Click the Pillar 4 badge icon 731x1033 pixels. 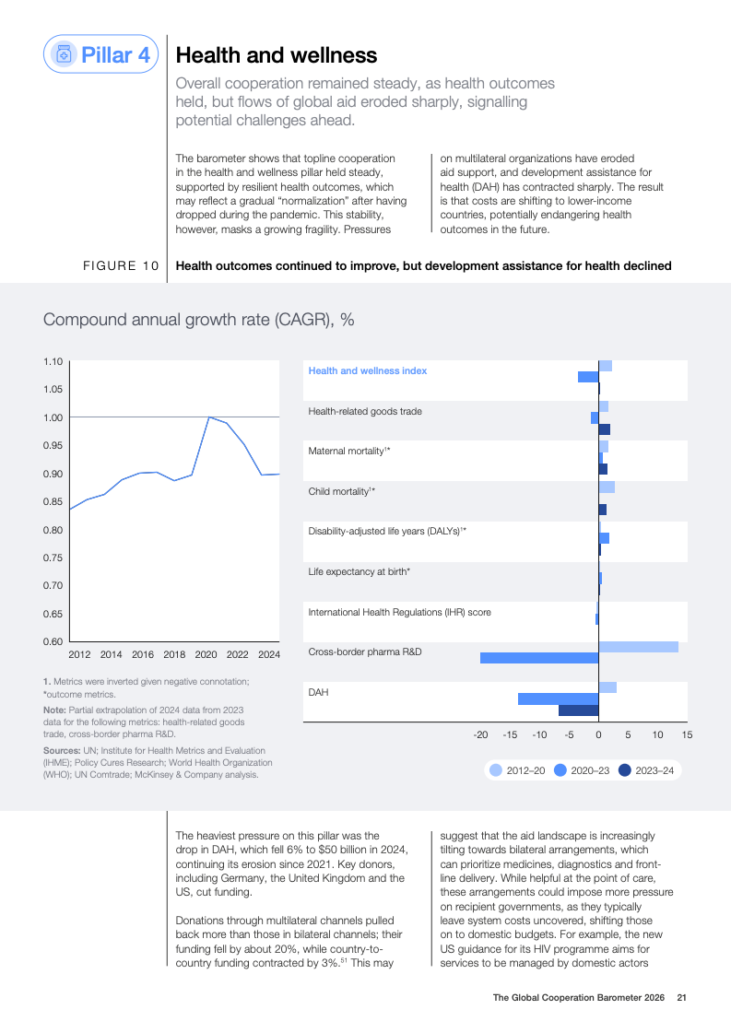(x=64, y=54)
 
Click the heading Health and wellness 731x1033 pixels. (x=276, y=55)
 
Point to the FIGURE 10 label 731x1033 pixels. (x=122, y=266)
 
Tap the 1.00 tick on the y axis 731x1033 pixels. (x=53, y=417)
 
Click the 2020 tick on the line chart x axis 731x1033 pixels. (x=206, y=654)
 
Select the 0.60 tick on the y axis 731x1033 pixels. (x=53, y=641)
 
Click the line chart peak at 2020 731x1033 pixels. (x=208, y=417)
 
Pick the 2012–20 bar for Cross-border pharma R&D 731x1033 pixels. (x=638, y=647)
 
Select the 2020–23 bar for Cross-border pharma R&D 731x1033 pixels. (x=539, y=658)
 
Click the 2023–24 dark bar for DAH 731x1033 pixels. (x=579, y=710)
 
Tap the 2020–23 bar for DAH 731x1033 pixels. (x=558, y=698)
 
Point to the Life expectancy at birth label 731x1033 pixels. (x=359, y=571)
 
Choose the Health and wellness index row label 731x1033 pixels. (x=367, y=370)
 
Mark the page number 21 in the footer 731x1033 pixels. (x=682, y=997)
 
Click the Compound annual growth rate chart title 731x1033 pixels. (x=199, y=320)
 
